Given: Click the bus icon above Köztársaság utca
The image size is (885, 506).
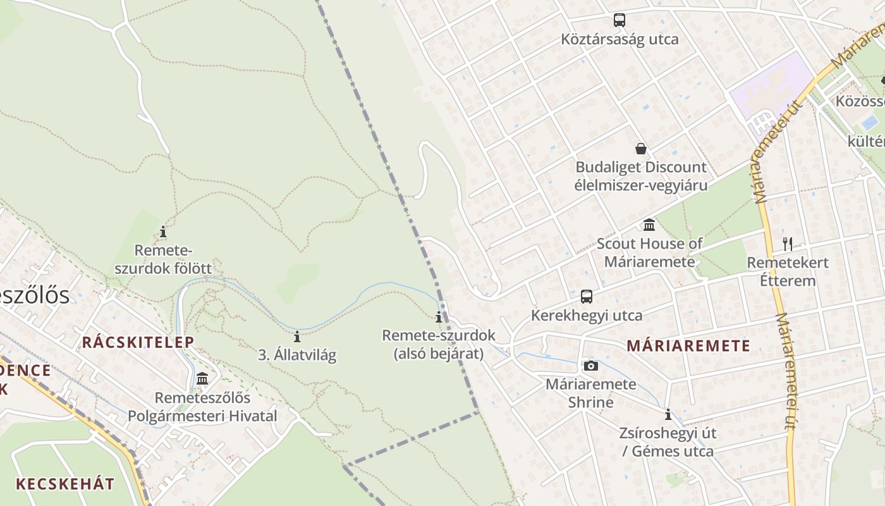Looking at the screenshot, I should [619, 20].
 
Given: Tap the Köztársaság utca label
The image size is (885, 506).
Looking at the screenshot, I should [619, 39].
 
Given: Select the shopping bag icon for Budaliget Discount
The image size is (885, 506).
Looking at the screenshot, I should [641, 149].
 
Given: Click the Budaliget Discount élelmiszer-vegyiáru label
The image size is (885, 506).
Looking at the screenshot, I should [641, 176].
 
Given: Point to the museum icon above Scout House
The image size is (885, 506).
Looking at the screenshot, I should [649, 225].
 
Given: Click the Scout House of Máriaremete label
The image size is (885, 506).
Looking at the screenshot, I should [649, 252].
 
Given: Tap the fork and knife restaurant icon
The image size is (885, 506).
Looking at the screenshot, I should [788, 244].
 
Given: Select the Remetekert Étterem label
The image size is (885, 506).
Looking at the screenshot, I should [788, 271].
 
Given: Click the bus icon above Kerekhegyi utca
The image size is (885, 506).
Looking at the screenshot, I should [587, 296].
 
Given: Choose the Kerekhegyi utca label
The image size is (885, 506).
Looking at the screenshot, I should [587, 315].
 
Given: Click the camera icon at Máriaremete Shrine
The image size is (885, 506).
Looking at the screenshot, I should [590, 366].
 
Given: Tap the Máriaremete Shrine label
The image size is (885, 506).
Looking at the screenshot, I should [590, 393].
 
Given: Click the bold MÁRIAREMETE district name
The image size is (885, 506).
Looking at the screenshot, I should [688, 346].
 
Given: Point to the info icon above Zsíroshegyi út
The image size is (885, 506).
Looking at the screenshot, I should [668, 415].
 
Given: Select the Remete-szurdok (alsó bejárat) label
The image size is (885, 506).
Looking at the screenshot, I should [439, 344].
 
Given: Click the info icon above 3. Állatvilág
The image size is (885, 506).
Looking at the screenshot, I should [297, 336].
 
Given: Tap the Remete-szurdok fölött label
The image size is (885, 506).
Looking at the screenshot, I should [163, 259].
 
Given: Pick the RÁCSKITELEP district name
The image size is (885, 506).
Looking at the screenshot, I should [138, 342].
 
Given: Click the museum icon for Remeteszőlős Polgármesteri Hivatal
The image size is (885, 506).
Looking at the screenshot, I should [202, 379].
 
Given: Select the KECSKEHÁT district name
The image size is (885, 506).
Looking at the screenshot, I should [65, 484].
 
